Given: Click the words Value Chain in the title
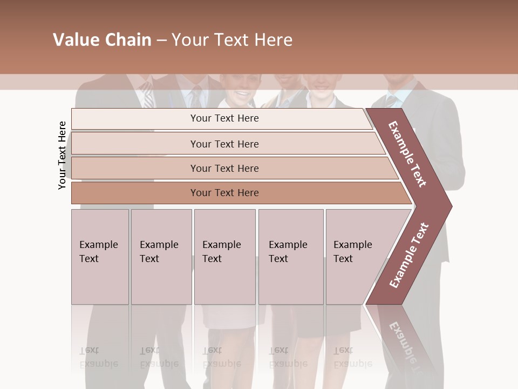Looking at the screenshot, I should pyautogui.click(x=102, y=40).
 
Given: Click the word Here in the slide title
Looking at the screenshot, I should pyautogui.click(x=273, y=40).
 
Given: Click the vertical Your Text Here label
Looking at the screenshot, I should pyautogui.click(x=62, y=155).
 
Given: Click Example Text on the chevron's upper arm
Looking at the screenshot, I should pyautogui.click(x=407, y=154).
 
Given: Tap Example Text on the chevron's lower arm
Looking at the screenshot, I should pyautogui.click(x=409, y=255).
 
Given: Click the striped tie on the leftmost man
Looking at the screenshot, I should pyautogui.click(x=147, y=95).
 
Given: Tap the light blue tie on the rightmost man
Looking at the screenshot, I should pyautogui.click(x=390, y=100).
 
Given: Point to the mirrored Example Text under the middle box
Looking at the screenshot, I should pyautogui.click(x=221, y=357).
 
